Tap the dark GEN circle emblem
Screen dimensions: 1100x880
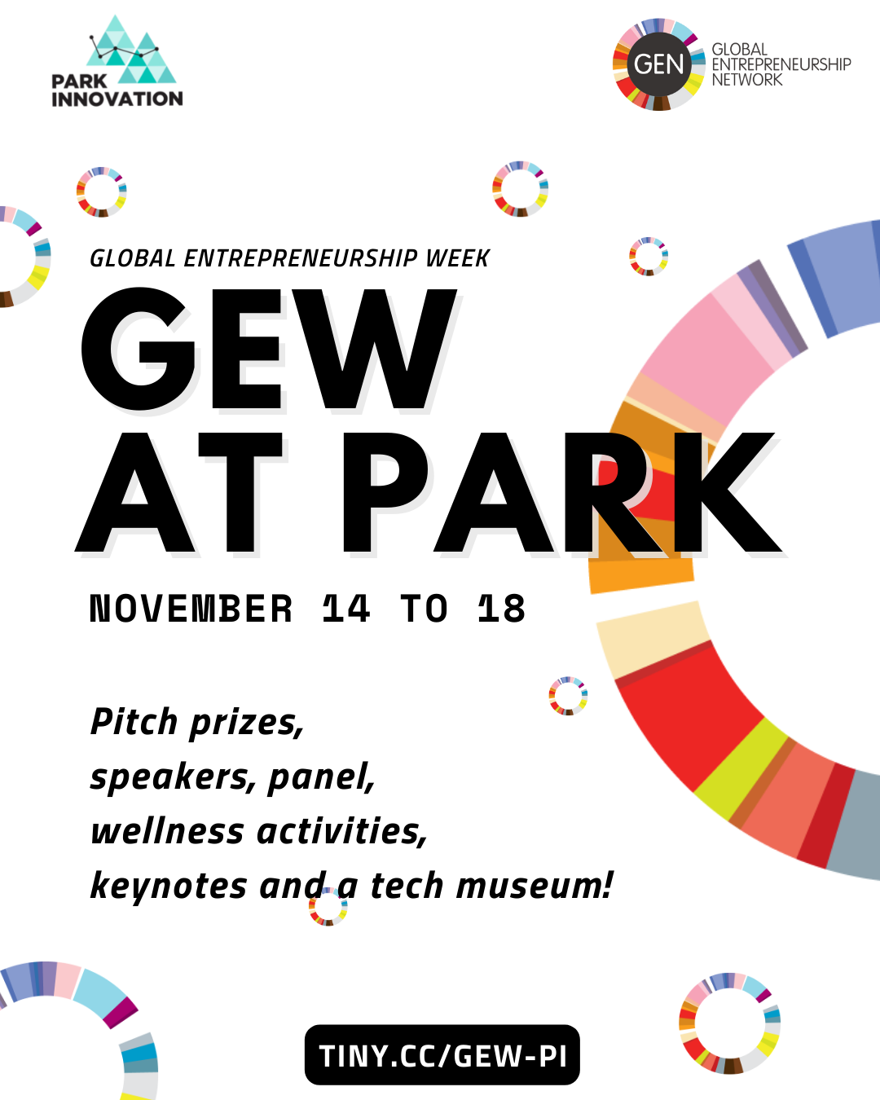[658, 64]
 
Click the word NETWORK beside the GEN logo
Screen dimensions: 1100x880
[746, 80]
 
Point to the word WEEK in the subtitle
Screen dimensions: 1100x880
[457, 258]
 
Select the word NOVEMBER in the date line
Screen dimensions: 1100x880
[191, 609]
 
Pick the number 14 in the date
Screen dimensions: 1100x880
[345, 609]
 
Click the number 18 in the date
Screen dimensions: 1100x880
[501, 609]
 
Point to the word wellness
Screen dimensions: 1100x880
[167, 831]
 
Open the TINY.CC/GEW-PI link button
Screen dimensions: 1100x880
[442, 1055]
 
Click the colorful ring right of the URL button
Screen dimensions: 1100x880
[729, 1023]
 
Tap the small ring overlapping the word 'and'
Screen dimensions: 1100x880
[328, 907]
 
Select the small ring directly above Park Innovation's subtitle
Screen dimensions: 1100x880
[101, 192]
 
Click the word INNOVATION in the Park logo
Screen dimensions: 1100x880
[117, 99]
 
